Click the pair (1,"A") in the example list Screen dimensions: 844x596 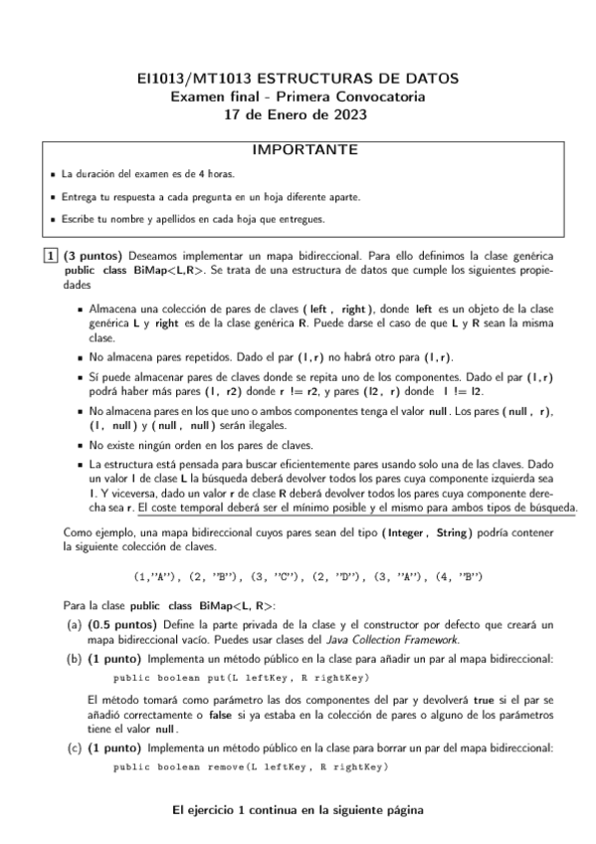pyautogui.click(x=157, y=576)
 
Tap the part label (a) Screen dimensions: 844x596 pyautogui.click(x=74, y=624)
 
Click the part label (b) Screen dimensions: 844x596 pyautogui.click(x=74, y=659)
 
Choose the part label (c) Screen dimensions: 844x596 pyautogui.click(x=74, y=746)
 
